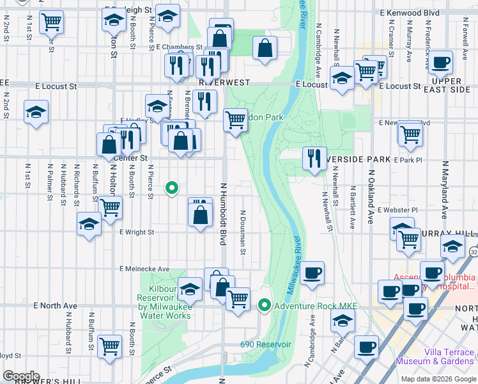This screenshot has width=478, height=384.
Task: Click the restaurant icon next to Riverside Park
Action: pyautogui.click(x=313, y=159)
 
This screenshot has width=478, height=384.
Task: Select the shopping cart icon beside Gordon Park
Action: pyautogui.click(x=235, y=119)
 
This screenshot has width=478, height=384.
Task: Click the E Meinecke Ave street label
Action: pyautogui.click(x=144, y=269)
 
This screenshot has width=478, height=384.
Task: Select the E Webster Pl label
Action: pyautogui.click(x=397, y=209)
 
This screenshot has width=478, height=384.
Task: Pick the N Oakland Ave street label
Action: pyautogui.click(x=370, y=192)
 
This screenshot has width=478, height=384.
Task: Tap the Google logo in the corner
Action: pyautogui.click(x=20, y=376)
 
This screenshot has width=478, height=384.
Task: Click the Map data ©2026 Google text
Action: pyautogui.click(x=439, y=378)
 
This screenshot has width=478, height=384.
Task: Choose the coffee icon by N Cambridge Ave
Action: pyautogui.click(x=312, y=273)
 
